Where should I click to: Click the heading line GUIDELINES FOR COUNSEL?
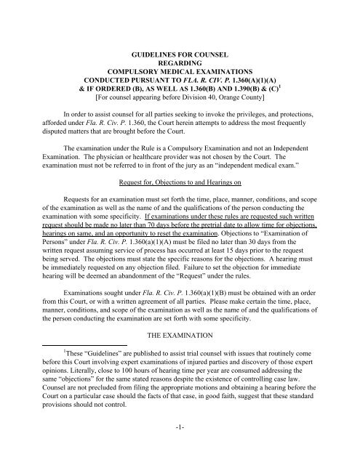pos(180,54)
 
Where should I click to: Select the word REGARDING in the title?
pos(180,64)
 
